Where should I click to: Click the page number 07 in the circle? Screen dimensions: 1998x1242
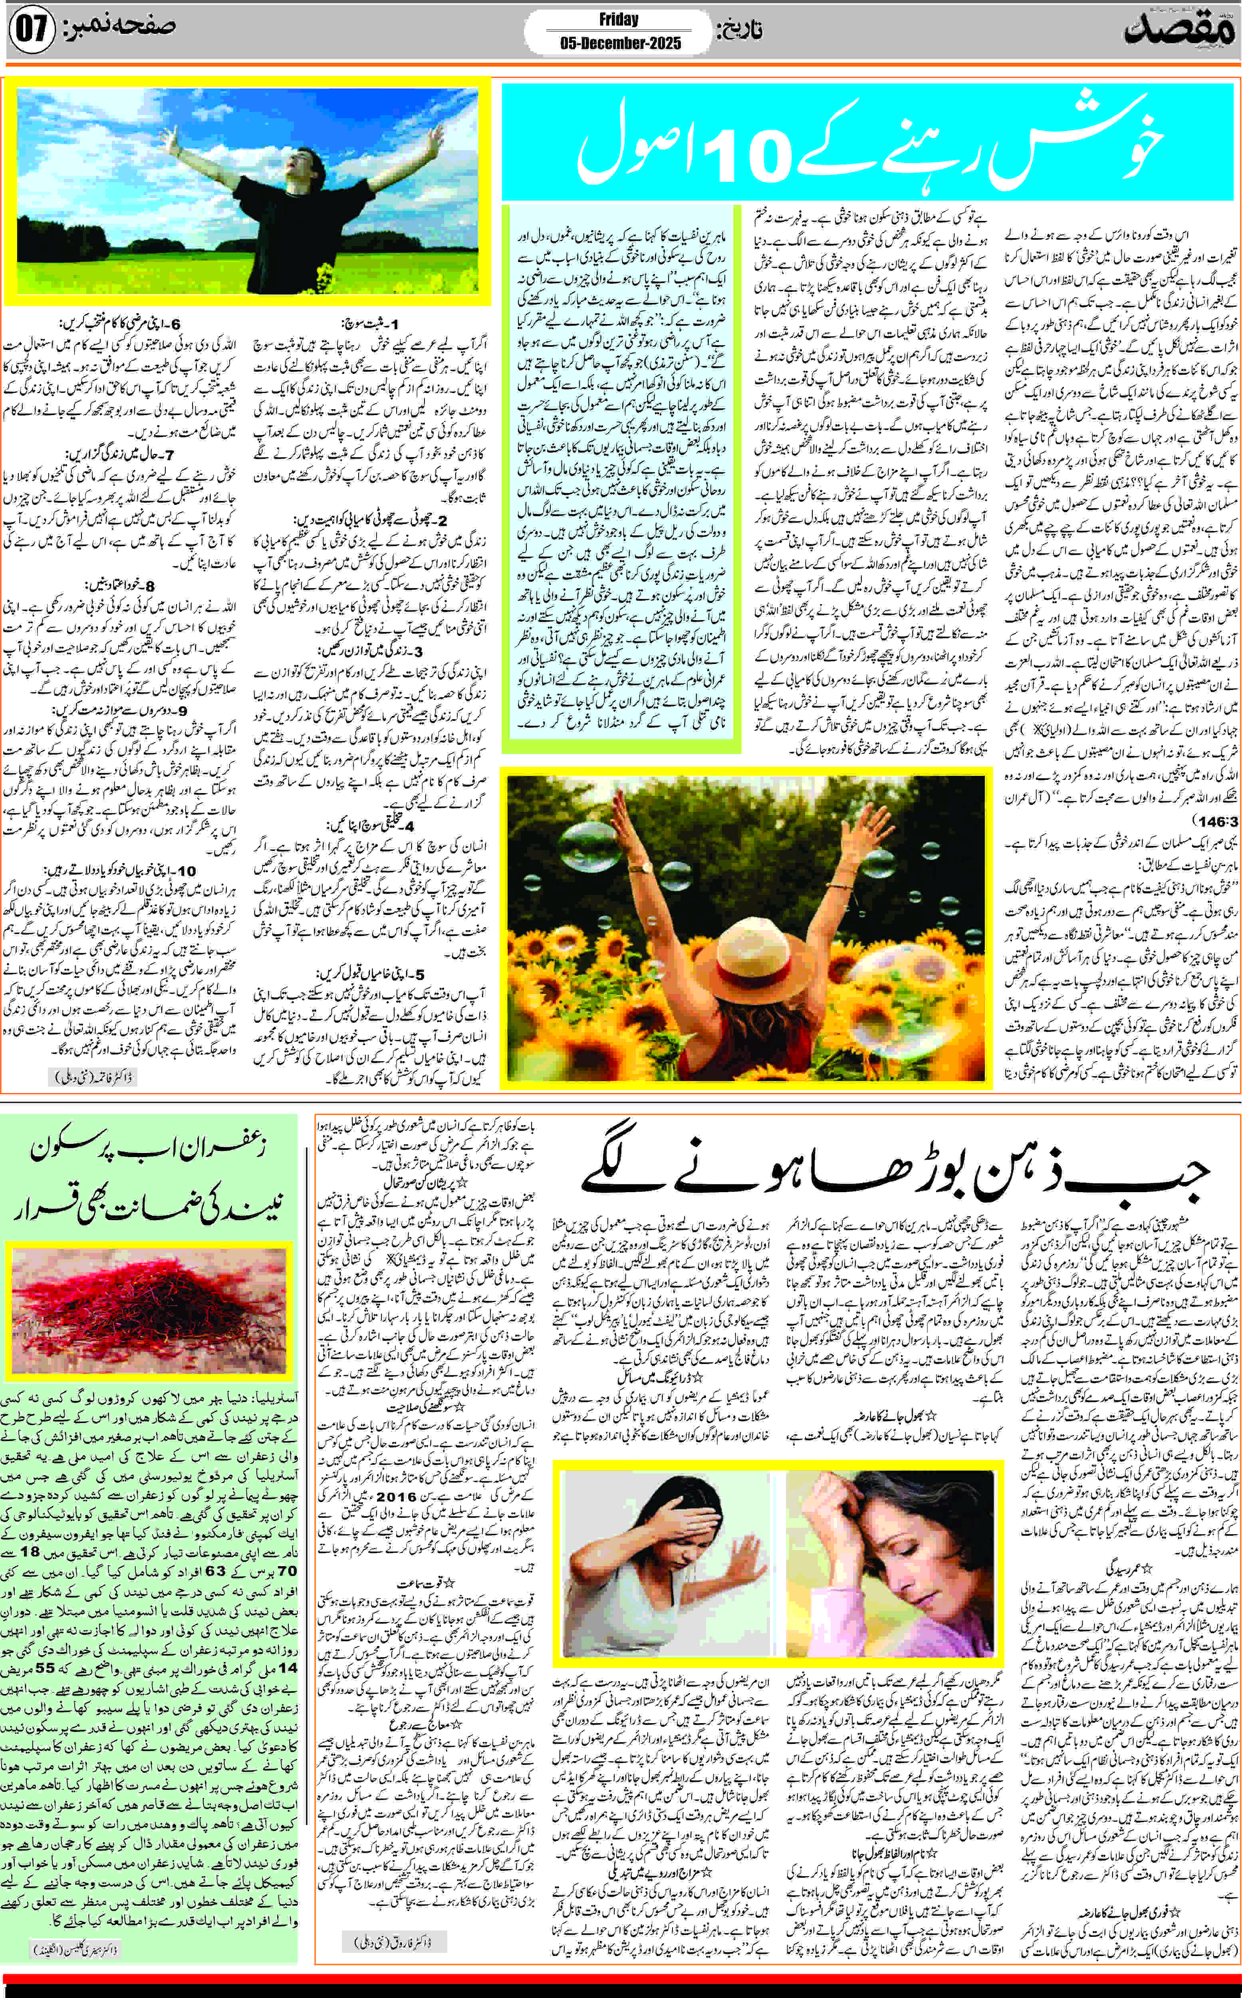point(31,31)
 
